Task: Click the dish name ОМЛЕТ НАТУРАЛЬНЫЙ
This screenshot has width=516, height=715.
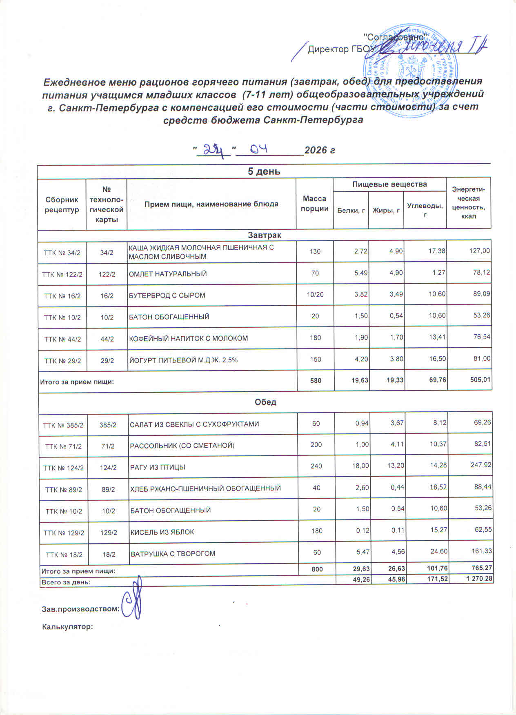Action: tap(168, 274)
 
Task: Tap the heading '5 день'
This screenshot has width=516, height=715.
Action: tap(264, 171)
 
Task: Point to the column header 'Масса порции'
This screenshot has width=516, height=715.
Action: tap(314, 204)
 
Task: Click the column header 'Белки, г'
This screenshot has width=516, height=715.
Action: tap(351, 210)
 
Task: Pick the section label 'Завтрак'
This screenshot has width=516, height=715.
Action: tap(264, 235)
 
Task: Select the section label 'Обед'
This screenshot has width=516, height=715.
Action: tap(265, 402)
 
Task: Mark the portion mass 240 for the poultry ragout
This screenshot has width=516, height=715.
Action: tap(316, 466)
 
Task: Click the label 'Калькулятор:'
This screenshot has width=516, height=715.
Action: tap(68, 626)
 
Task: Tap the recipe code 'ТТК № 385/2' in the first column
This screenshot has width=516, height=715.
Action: tap(63, 425)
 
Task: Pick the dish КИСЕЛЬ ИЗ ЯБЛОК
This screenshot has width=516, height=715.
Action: tap(162, 532)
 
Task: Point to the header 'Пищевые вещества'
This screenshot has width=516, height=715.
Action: tap(389, 184)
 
